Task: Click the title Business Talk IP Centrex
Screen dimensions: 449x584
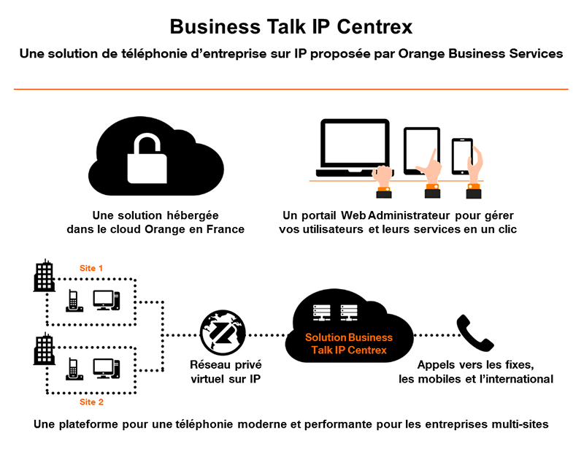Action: [x=291, y=27]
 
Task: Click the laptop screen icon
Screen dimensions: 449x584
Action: [x=355, y=146]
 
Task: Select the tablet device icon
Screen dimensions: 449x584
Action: [x=421, y=150]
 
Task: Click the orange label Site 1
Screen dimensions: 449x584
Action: [x=91, y=268]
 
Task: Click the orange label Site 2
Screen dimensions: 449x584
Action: [x=91, y=402]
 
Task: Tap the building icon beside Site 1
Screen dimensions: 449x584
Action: [x=45, y=276]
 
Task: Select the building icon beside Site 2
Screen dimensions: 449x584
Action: [x=45, y=349]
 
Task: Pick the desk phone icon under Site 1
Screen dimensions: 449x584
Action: [x=73, y=301]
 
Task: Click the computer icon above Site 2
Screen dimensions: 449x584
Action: [x=106, y=367]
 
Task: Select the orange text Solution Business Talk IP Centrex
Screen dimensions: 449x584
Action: [x=348, y=344]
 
